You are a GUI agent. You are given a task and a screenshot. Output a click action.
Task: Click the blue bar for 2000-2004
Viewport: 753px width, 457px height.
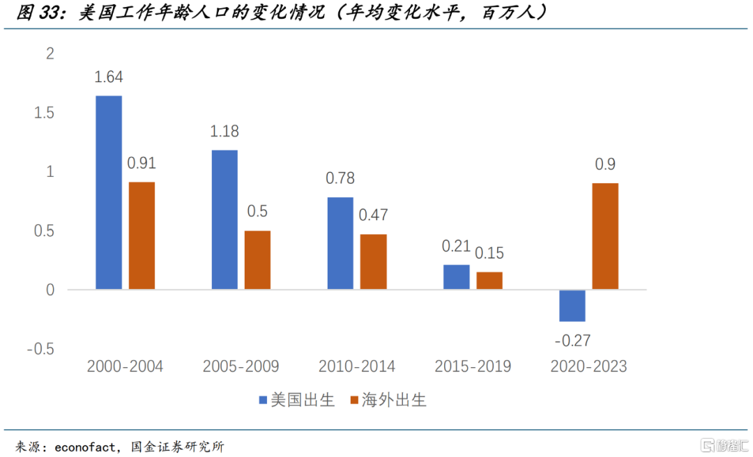pos(109,192)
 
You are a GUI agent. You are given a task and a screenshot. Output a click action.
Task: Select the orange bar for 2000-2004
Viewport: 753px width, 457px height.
pos(142,235)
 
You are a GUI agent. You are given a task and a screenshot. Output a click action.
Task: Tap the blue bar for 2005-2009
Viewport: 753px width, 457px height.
pos(225,219)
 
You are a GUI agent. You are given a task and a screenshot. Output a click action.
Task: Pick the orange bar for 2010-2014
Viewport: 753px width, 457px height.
pos(373,261)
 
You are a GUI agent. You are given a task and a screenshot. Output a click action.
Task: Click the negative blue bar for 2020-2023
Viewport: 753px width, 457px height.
pos(572,306)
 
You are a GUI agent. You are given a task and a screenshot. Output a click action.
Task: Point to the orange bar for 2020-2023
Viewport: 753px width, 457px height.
pos(605,236)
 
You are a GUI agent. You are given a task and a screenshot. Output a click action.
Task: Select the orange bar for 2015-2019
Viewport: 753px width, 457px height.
pos(489,280)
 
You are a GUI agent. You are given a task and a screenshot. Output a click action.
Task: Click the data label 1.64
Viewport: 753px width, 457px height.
pos(109,77)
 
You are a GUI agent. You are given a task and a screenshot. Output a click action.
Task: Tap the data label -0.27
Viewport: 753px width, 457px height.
pos(572,340)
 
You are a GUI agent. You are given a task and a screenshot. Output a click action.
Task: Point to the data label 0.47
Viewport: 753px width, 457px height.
pos(373,215)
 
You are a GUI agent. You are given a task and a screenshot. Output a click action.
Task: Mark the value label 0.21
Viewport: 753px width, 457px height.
pos(456,246)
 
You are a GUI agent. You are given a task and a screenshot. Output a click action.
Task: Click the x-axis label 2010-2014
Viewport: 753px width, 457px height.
pos(357,366)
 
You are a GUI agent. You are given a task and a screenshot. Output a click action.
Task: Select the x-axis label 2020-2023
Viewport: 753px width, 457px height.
pos(588,366)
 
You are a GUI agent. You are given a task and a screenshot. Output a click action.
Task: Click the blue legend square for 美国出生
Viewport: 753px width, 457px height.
pos(263,400)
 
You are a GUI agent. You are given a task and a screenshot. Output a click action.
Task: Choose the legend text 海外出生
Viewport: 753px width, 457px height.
pos(393,400)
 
